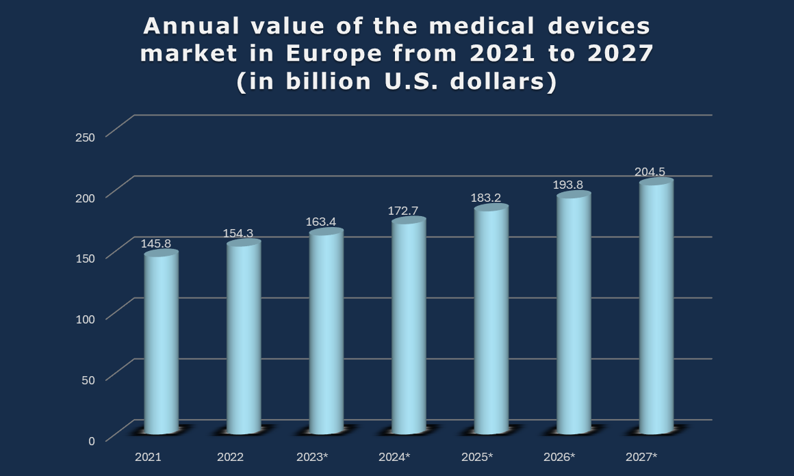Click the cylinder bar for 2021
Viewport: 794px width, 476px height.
(x=162, y=342)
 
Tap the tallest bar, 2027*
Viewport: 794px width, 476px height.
(x=656, y=307)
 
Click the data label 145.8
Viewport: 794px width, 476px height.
(x=156, y=243)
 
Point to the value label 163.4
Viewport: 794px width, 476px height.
(x=320, y=222)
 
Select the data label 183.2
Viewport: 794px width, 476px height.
(x=485, y=198)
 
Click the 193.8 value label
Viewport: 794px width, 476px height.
(x=567, y=185)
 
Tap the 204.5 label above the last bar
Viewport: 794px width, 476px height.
(x=650, y=172)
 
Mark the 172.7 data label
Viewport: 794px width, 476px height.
(x=403, y=210)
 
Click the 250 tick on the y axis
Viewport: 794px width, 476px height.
(x=85, y=137)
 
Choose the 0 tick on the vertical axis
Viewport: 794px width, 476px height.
(x=92, y=440)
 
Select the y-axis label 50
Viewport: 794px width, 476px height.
(x=88, y=379)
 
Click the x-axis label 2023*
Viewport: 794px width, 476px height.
(x=312, y=456)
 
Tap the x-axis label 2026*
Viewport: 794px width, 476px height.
(x=559, y=456)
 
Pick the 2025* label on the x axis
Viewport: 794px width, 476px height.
(x=476, y=456)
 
